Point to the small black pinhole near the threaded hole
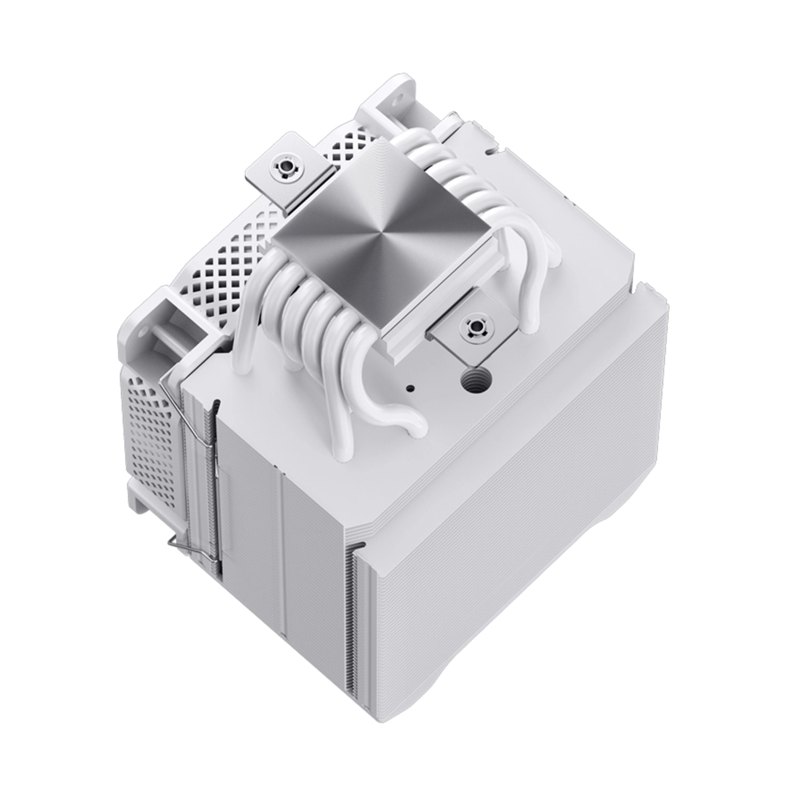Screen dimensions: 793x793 pyautogui.click(x=411, y=389)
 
